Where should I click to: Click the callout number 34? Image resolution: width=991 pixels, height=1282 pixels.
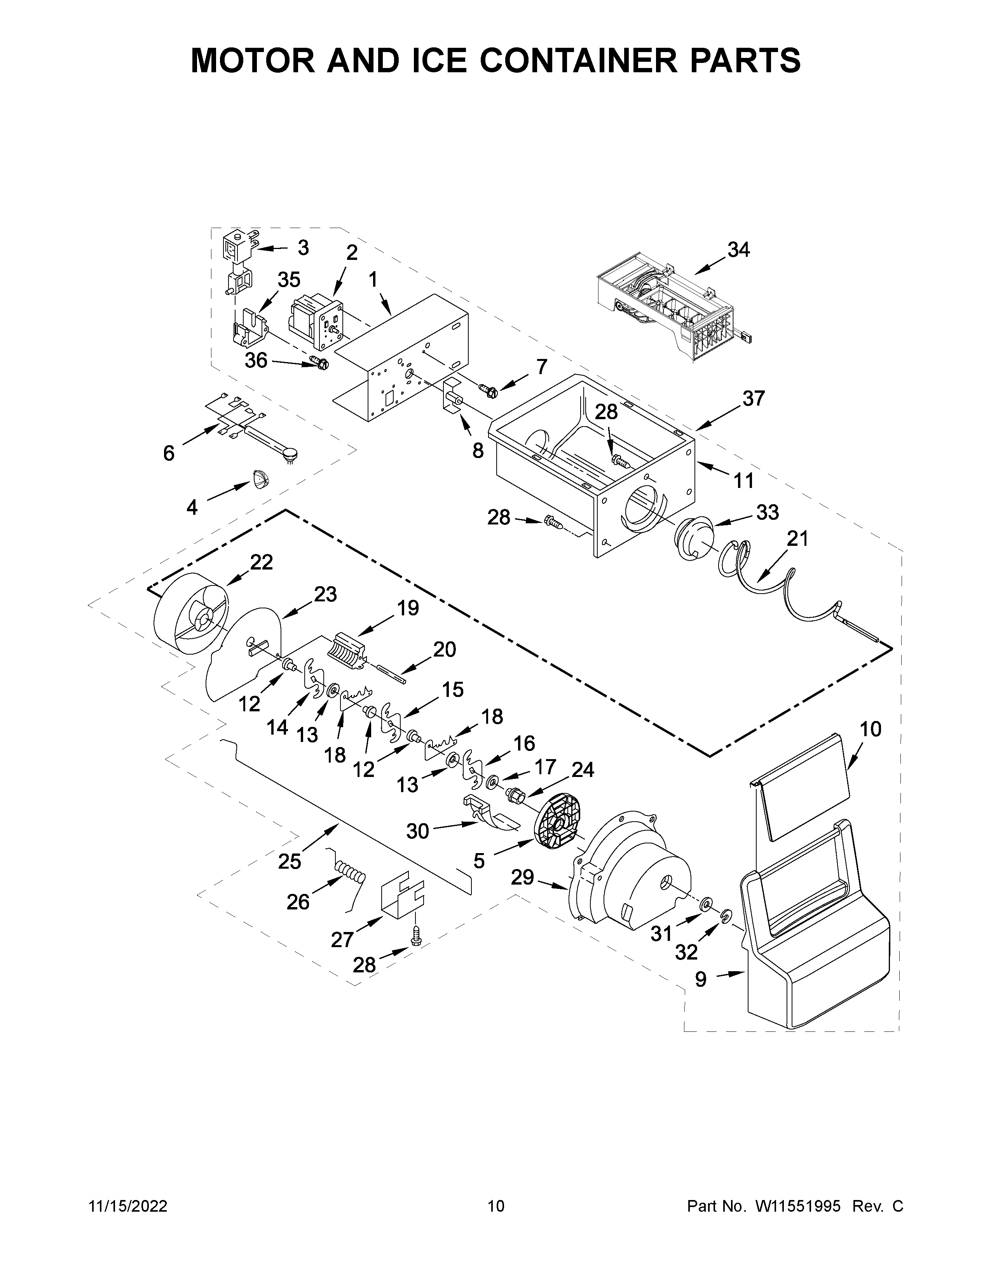pyautogui.click(x=738, y=250)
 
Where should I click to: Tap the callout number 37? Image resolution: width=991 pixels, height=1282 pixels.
pyautogui.click(x=753, y=399)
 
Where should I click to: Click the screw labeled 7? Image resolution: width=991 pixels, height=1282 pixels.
pyautogui.click(x=487, y=388)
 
